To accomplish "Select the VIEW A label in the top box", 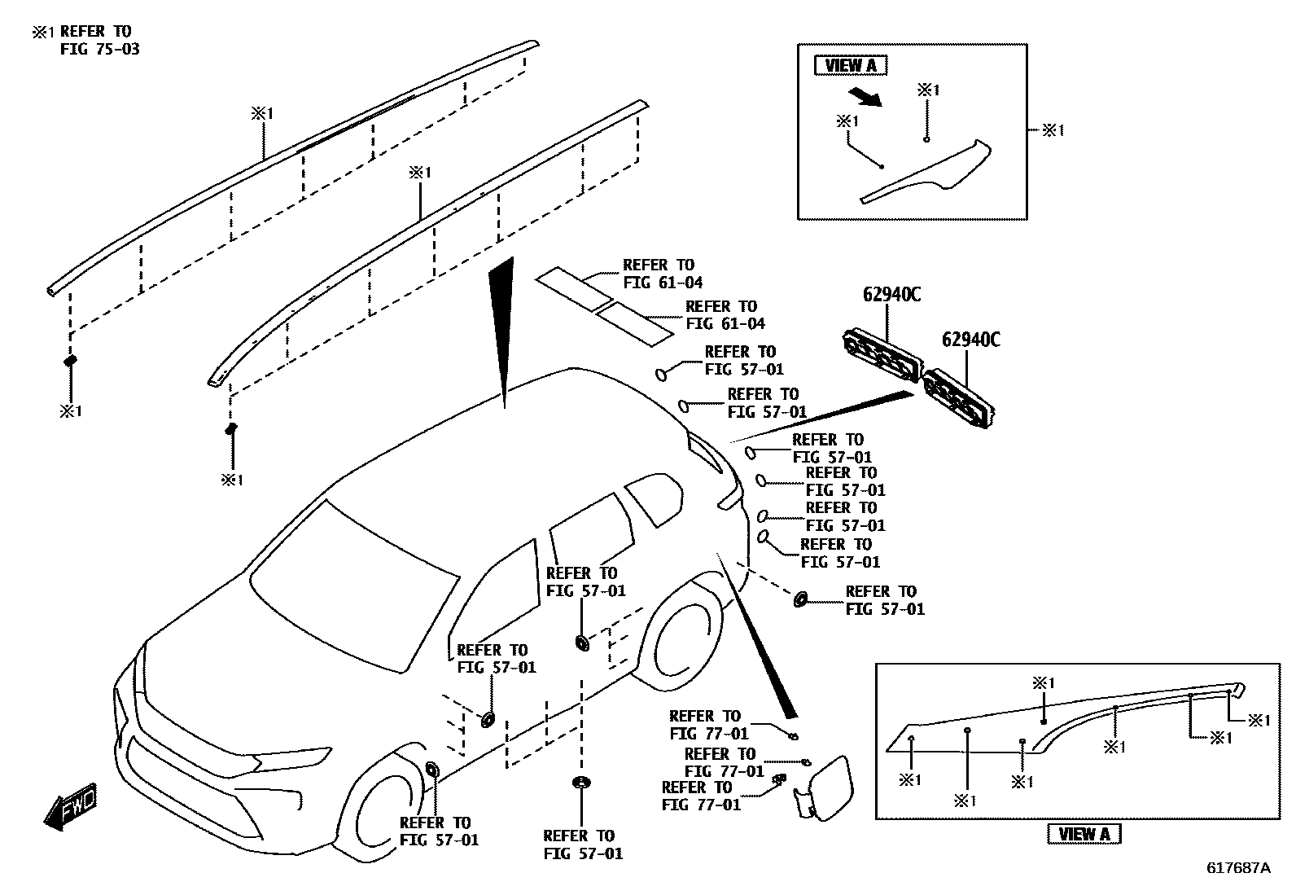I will point(851,66).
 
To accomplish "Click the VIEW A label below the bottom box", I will point(1084,834).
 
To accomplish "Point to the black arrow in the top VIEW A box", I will point(865,96).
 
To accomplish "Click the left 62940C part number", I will point(891,295).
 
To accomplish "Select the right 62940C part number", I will point(970,339).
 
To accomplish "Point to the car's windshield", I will point(354,586).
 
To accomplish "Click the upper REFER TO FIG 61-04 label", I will point(662,274).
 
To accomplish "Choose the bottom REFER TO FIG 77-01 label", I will point(701,796).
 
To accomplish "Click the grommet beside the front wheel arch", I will point(431,770).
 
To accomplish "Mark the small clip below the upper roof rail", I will point(70,359).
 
